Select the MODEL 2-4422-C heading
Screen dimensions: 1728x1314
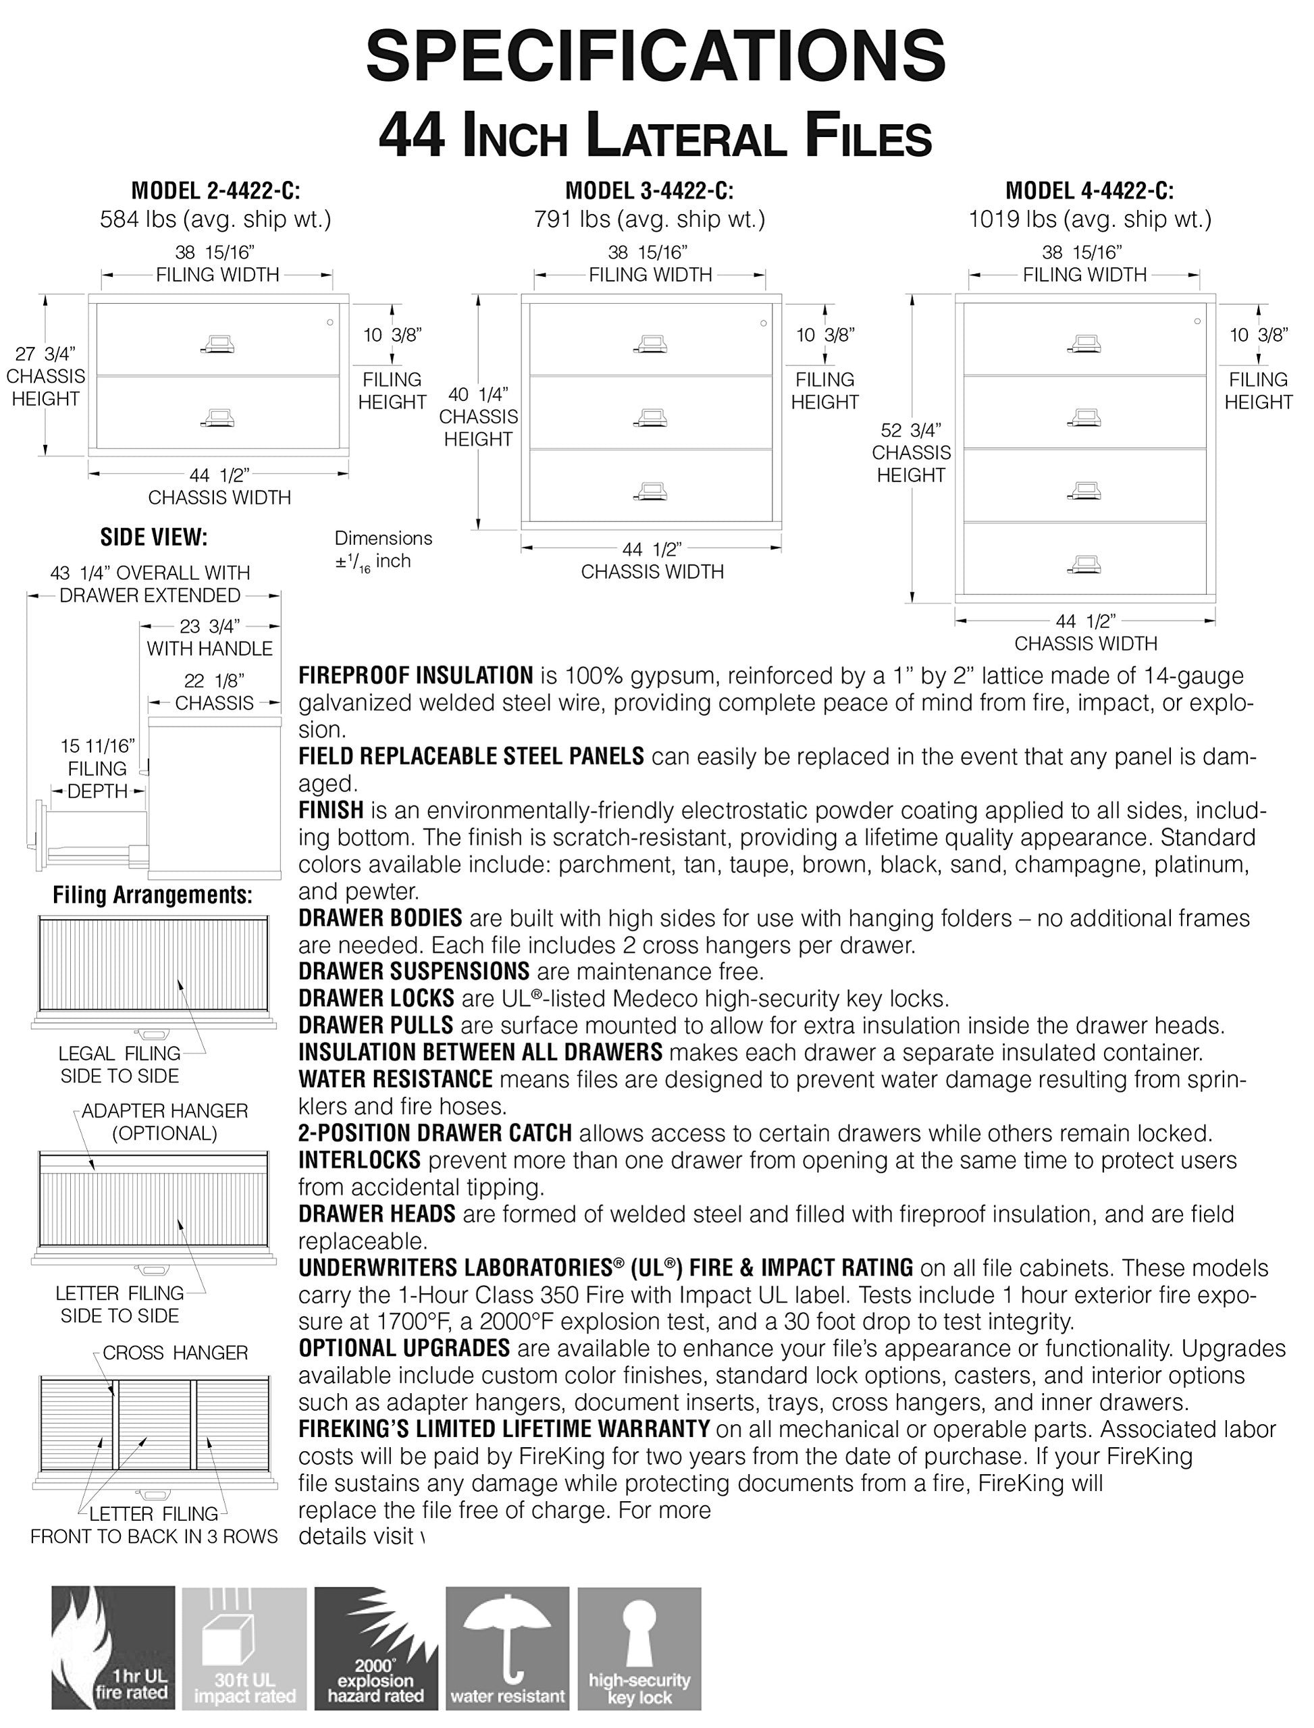(215, 190)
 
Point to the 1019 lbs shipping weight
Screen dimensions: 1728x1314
(1090, 219)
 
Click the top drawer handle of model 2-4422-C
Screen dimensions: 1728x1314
(217, 344)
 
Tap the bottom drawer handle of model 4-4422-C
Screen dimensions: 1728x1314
(1083, 564)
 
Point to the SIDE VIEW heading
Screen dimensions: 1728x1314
(153, 538)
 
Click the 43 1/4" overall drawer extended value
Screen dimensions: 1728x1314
(149, 573)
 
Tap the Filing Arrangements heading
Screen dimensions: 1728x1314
(153, 895)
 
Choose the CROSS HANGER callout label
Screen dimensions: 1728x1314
(175, 1353)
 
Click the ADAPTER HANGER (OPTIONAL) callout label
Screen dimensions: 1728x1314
(164, 1121)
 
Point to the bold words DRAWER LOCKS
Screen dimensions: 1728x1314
(376, 998)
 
